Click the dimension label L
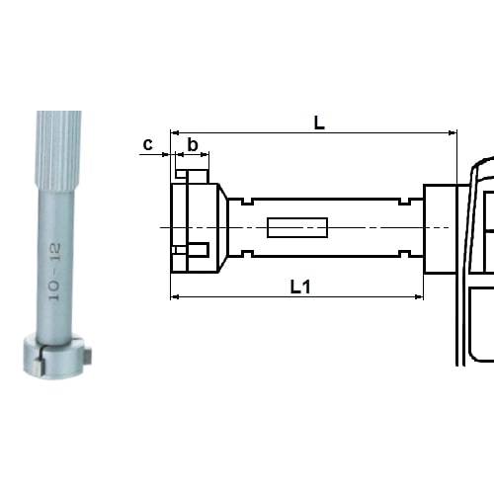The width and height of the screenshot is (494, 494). click(318, 122)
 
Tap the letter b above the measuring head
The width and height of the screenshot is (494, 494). click(193, 145)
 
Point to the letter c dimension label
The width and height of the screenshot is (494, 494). click(147, 145)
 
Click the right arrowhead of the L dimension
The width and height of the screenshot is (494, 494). click(453, 131)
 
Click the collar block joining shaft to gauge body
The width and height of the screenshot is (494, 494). click(440, 228)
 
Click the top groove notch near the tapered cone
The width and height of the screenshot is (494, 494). click(243, 203)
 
